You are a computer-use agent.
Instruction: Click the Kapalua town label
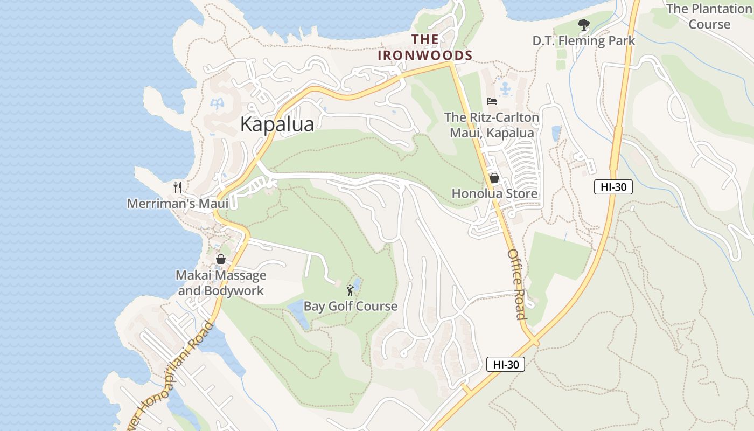277,124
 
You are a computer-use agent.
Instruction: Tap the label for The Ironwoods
425,47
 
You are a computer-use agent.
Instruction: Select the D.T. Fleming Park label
584,41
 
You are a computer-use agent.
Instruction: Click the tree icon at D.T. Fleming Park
583,24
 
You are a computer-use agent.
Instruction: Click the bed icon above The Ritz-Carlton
492,101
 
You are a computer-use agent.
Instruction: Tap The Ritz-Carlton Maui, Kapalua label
491,125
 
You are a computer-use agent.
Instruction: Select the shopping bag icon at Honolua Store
494,178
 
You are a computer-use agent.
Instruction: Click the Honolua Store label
494,193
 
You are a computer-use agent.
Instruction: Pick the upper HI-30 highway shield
613,187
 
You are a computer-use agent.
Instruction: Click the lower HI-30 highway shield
505,364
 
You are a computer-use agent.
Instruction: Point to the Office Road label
516,283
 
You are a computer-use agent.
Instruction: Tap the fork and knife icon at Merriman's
178,187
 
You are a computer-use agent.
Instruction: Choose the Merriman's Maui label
178,204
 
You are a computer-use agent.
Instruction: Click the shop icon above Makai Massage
220,259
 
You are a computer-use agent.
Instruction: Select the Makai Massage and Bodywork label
221,283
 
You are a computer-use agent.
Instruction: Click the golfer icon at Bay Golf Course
351,290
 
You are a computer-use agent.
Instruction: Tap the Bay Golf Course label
351,307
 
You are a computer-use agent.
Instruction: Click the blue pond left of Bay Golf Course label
298,313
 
